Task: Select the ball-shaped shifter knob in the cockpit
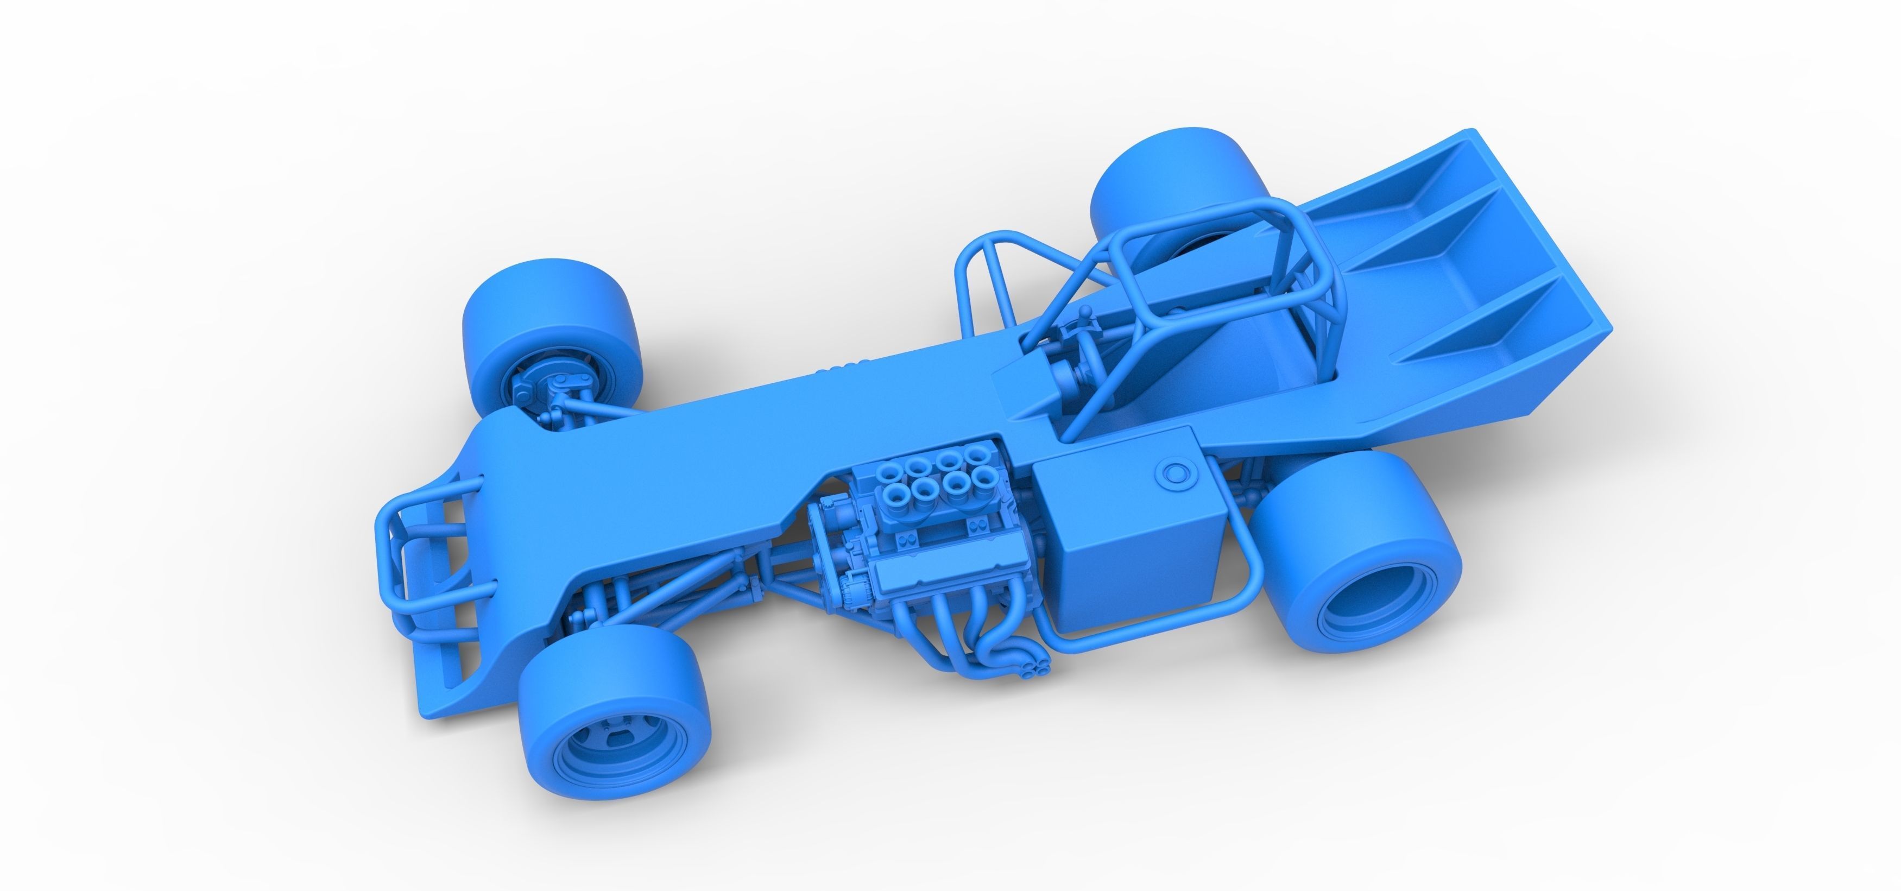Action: click(1087, 314)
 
